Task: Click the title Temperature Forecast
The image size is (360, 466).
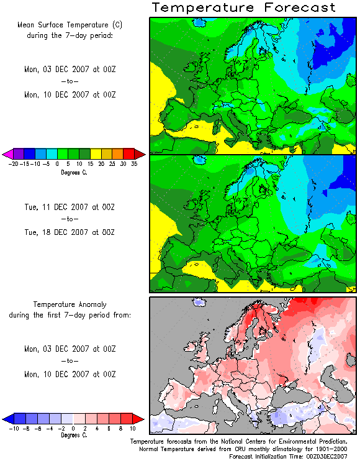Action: (243, 7)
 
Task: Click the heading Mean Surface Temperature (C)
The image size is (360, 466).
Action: (70, 25)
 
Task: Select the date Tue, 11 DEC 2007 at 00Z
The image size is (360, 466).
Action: (70, 207)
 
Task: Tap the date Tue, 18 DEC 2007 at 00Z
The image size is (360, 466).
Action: (70, 232)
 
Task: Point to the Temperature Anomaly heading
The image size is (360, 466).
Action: (70, 304)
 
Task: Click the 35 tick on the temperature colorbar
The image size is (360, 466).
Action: (134, 164)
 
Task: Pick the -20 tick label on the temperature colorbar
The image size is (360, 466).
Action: (14, 164)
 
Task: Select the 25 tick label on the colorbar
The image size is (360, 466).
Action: (112, 164)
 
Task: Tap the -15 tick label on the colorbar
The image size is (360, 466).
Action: (25, 164)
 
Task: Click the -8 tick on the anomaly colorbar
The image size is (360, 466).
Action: (26, 429)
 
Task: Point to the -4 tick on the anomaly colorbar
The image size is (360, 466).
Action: (49, 429)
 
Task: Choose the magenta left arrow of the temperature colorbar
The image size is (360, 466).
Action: (7, 154)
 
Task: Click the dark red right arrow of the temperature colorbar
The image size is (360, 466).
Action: (140, 154)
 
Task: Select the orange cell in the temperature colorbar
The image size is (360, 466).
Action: (118, 154)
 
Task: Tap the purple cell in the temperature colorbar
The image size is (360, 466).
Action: (19, 154)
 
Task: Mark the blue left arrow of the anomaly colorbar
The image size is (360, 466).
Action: (8, 419)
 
